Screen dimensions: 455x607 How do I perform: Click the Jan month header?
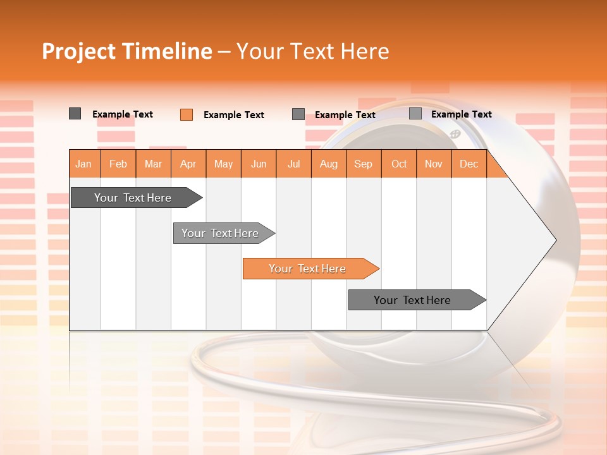click(84, 164)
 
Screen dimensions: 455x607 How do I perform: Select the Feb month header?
click(118, 164)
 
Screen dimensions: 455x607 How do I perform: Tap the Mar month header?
click(153, 164)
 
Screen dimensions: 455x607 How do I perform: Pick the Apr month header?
click(188, 164)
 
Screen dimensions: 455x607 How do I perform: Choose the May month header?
click(223, 164)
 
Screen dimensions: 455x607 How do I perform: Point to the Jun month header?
click(259, 164)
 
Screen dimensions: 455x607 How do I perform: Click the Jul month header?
click(293, 164)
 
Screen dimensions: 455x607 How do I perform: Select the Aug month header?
click(329, 164)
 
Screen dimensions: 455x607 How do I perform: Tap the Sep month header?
click(364, 164)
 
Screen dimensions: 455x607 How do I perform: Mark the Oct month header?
click(399, 164)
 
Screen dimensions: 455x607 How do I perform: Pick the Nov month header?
click(434, 164)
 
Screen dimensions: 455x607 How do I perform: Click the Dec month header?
click(469, 164)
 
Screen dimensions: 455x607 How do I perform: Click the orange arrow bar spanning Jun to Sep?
click(308, 269)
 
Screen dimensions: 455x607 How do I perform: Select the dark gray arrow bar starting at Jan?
click(133, 198)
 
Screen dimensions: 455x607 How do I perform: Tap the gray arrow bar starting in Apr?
click(221, 233)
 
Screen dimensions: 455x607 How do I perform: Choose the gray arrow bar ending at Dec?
click(414, 300)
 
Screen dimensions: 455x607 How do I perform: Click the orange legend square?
click(187, 114)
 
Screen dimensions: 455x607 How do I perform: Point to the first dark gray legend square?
click(75, 114)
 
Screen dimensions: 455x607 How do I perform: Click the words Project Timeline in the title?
click(127, 51)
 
